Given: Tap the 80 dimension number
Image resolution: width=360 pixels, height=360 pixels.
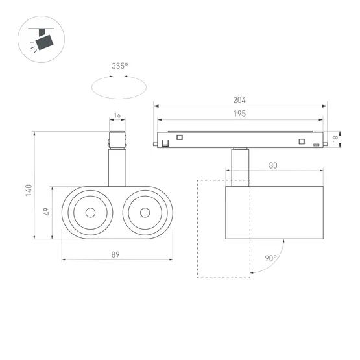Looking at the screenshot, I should pos(273,166).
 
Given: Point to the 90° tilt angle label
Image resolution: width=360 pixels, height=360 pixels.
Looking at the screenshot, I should pos(270,258).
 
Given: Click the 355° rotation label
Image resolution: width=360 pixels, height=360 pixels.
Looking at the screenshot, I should pos(119,66).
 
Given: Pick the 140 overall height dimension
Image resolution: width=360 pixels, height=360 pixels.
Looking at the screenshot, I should pos(29,190).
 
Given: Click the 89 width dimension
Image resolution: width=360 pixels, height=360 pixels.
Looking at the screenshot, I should pos(115,255).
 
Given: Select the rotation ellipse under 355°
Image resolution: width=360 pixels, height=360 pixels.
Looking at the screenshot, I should pos(118,86).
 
